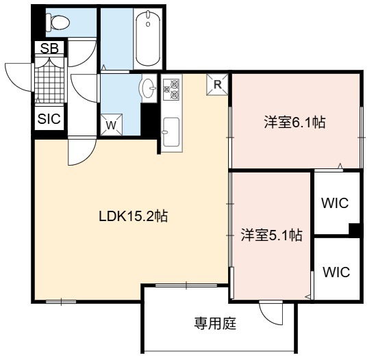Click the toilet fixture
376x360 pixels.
(x=58, y=23)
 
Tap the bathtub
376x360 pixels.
(x=148, y=38)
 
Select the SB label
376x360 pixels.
(x=49, y=48)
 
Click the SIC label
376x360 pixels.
(x=49, y=118)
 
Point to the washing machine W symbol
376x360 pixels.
(x=111, y=125)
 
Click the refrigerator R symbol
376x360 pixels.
(x=218, y=85)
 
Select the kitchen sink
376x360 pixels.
(x=171, y=132)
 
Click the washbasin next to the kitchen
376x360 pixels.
(x=149, y=88)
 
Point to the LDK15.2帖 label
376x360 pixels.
(x=134, y=216)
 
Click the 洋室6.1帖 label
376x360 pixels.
(x=295, y=123)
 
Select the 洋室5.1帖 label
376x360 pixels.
(x=271, y=235)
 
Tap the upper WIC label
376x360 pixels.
(x=335, y=203)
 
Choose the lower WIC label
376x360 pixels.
(x=336, y=272)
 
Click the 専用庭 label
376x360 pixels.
(x=215, y=323)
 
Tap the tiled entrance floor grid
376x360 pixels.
(x=49, y=80)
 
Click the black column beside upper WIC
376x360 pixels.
(x=354, y=229)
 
